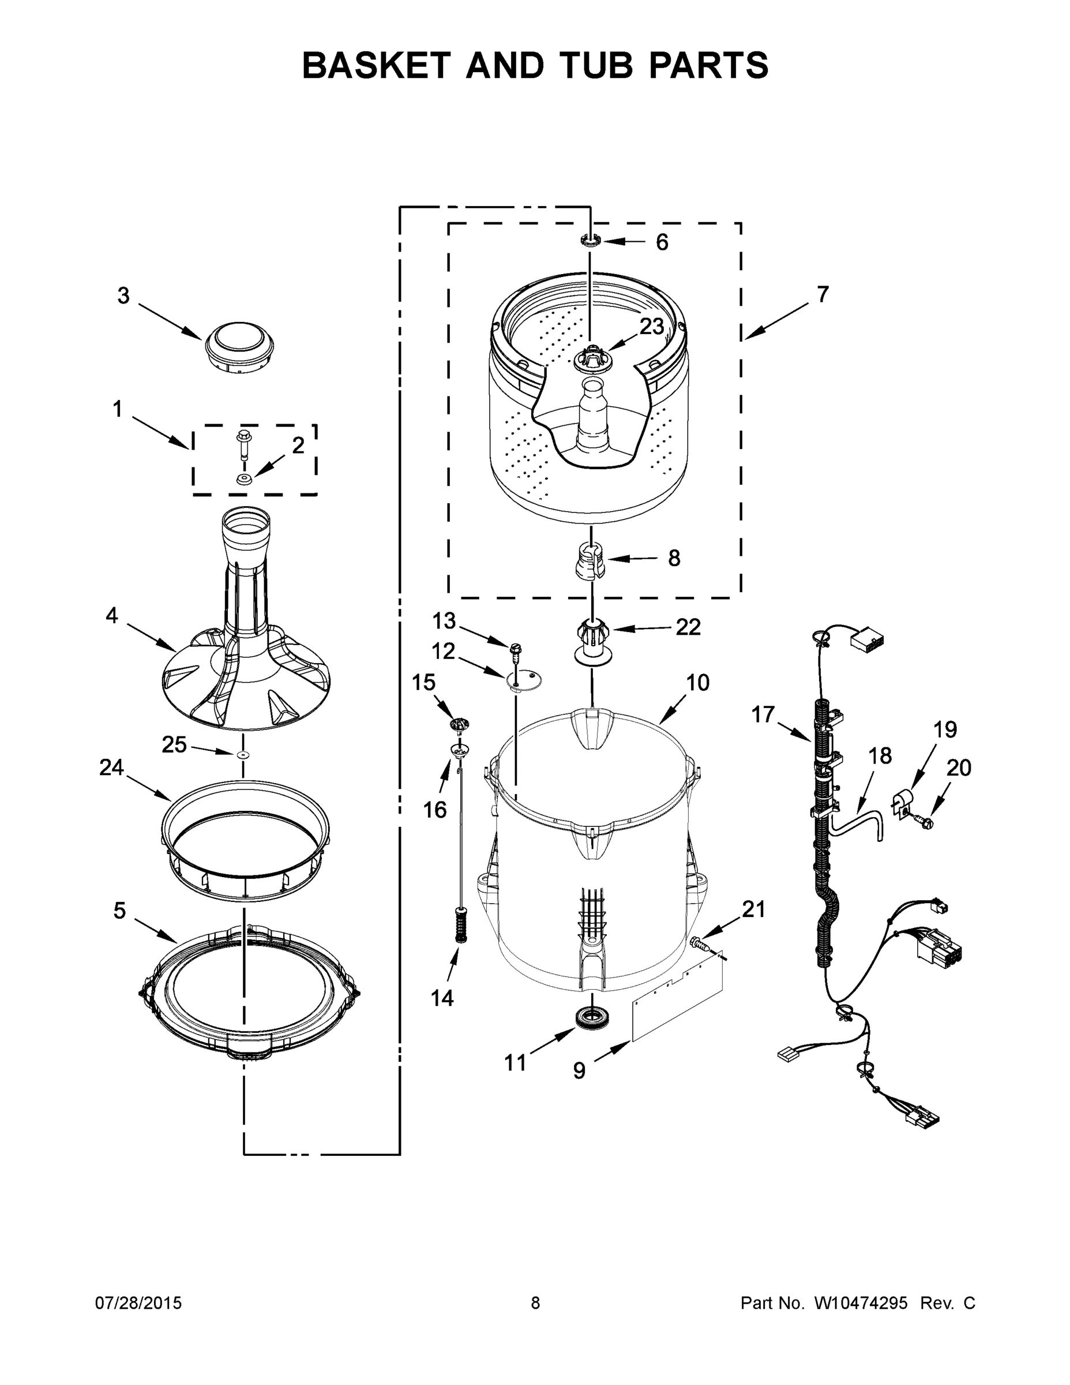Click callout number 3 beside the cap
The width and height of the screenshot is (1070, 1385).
tap(123, 295)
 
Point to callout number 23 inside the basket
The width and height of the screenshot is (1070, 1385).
tap(651, 327)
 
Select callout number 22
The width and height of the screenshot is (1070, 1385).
tap(688, 627)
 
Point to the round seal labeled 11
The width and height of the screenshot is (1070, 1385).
tap(589, 1017)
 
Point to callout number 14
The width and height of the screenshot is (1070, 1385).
tap(442, 998)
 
